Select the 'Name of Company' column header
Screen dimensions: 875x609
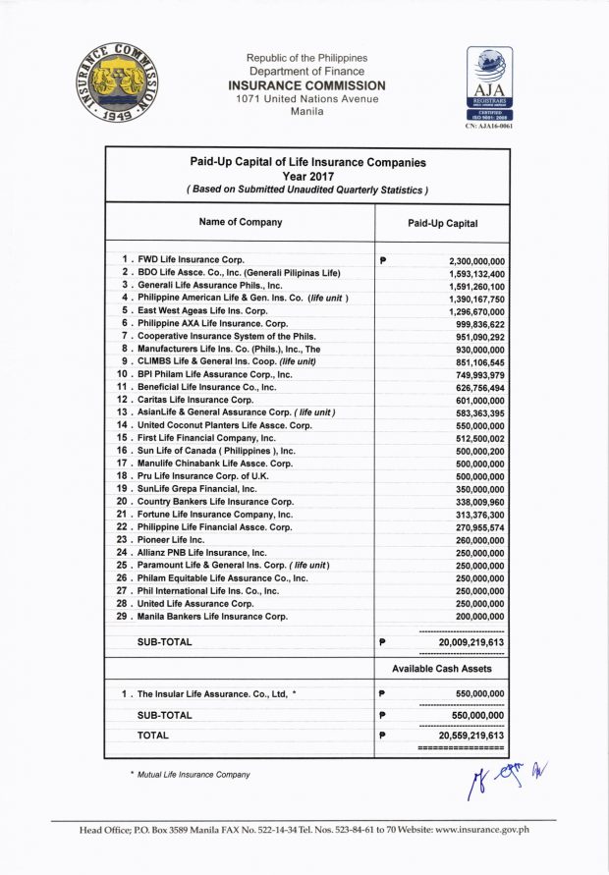pos(240,222)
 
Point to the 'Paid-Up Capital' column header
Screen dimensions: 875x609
pos(442,223)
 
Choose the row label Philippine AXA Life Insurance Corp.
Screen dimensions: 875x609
pos(212,323)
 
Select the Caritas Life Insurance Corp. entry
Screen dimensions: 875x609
pos(194,400)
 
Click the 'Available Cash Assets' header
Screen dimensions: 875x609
pos(442,669)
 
